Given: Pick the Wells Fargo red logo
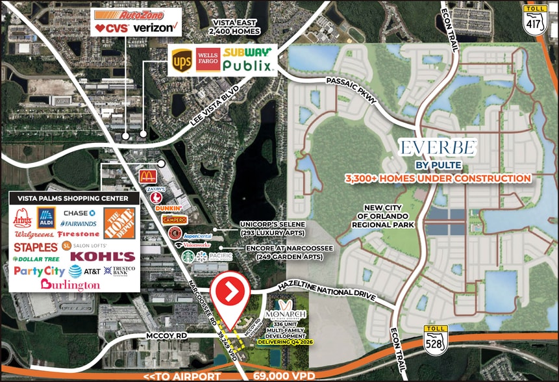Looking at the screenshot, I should [x=206, y=59].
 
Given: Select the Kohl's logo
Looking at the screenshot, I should [x=111, y=257].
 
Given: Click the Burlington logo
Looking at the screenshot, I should [x=70, y=285].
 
